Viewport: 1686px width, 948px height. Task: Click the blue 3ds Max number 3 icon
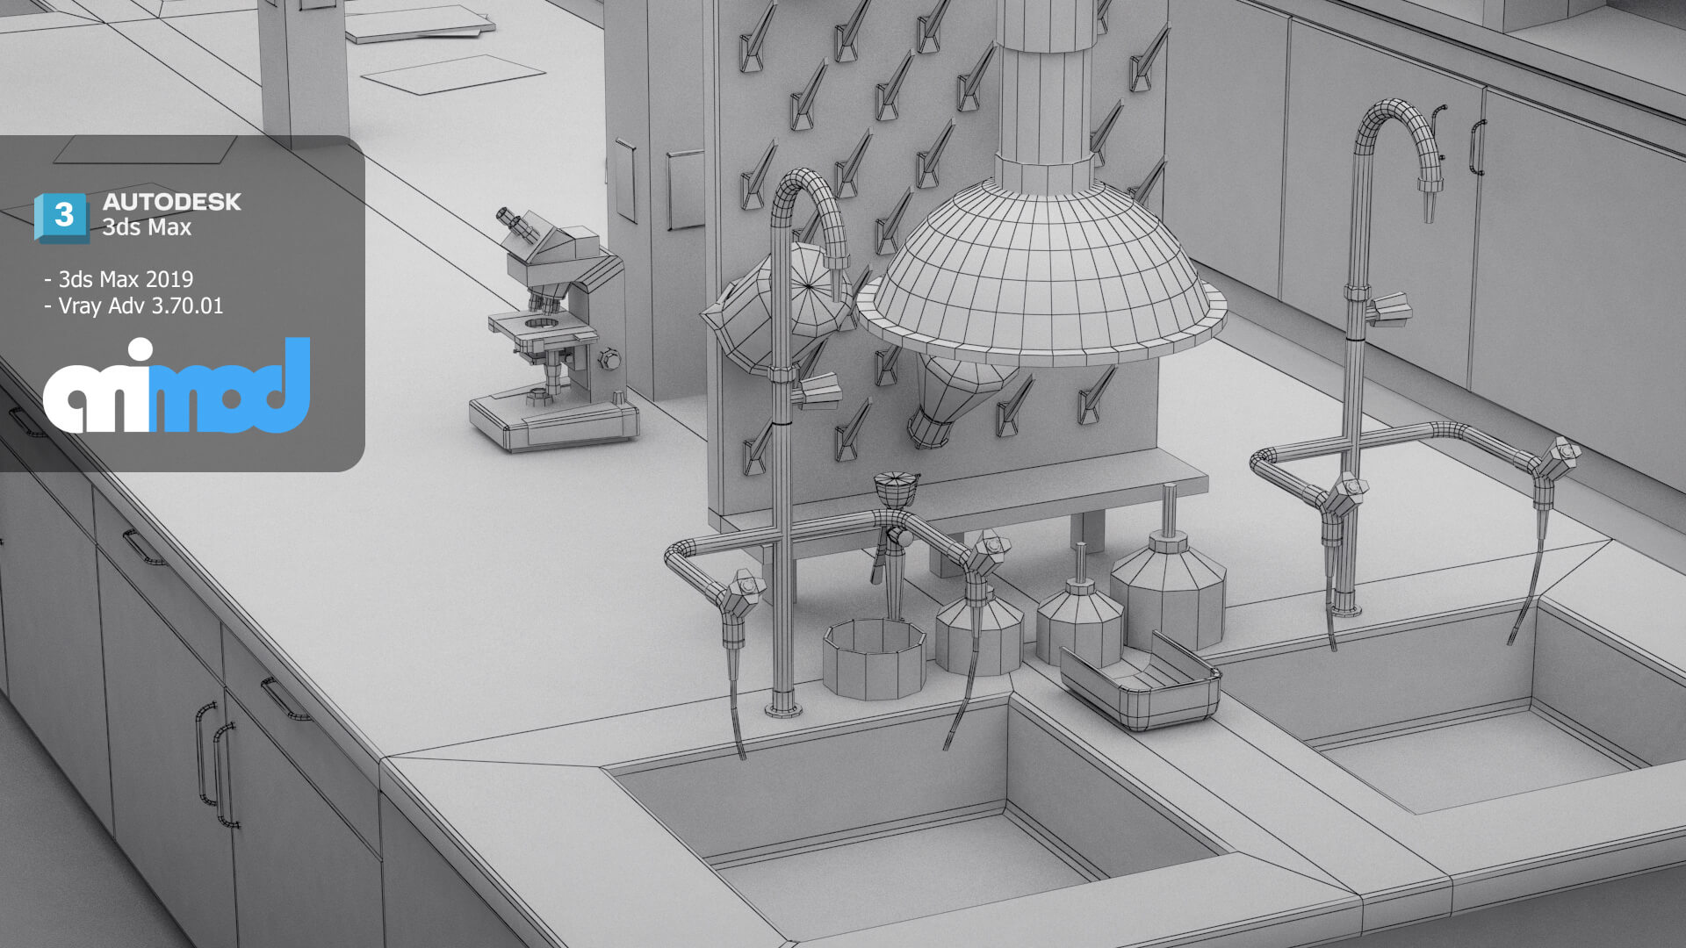pos(61,216)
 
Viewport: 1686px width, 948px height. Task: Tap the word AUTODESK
pos(171,202)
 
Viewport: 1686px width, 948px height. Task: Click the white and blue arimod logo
pos(177,386)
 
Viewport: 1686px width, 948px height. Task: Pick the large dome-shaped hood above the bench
pos(1041,272)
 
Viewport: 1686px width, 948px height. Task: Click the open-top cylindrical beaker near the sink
pos(874,658)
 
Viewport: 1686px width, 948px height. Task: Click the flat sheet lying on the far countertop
pos(452,74)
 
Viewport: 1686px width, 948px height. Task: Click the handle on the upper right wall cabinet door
pos(1475,147)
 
